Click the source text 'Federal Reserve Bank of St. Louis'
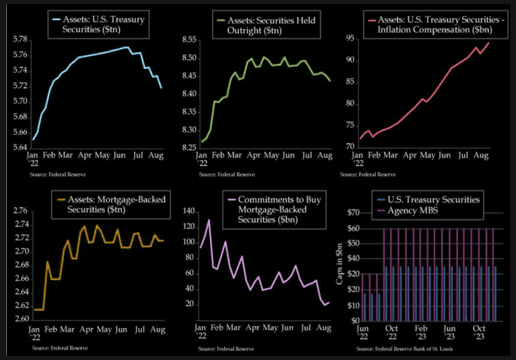pyautogui.click(x=412, y=350)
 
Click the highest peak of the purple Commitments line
pyautogui.click(x=209, y=220)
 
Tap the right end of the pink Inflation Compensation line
pyautogui.click(x=489, y=43)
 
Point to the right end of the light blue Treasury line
pyautogui.click(x=162, y=88)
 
